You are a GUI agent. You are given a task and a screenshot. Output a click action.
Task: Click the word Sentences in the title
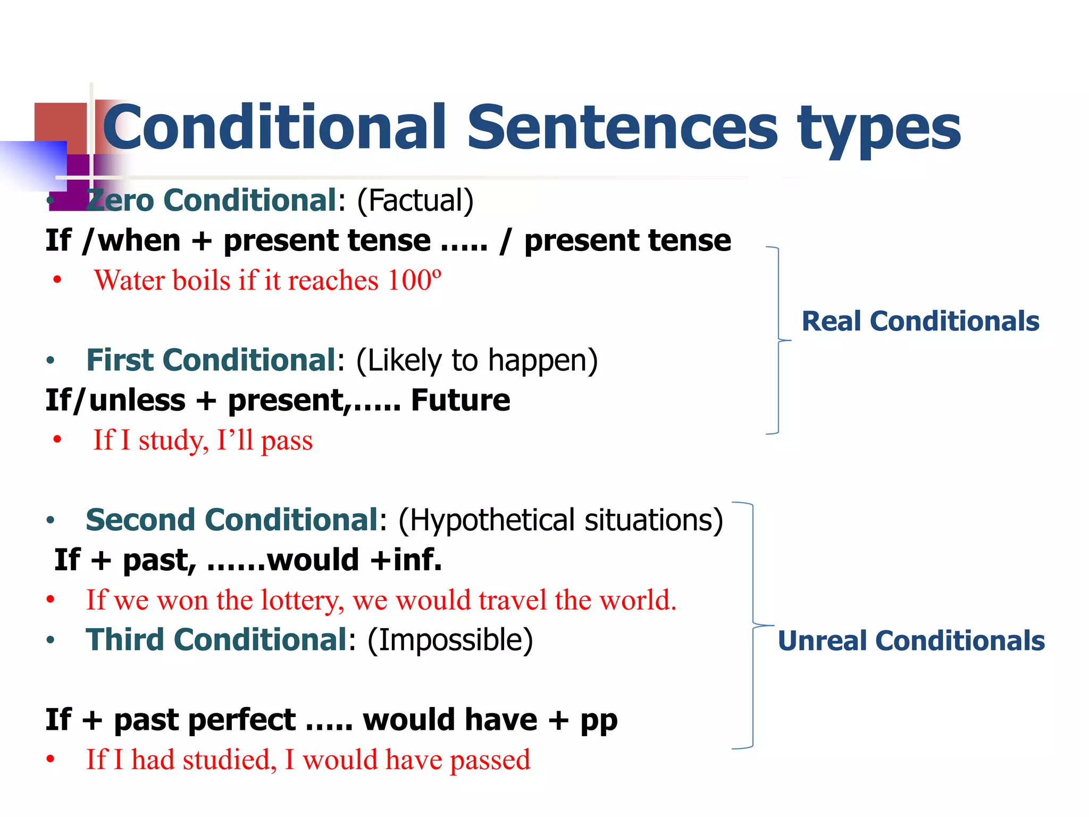[622, 128]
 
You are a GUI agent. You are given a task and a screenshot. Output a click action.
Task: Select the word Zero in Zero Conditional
[120, 201]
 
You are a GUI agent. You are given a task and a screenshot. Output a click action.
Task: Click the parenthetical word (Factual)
[415, 201]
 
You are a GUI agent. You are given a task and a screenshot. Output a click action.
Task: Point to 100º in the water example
[414, 280]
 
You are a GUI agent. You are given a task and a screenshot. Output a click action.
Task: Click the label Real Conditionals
[920, 321]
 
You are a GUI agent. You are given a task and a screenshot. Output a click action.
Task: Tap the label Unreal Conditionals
[911, 640]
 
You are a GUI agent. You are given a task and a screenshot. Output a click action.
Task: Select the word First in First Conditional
[120, 360]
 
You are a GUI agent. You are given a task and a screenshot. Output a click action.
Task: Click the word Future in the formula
[460, 400]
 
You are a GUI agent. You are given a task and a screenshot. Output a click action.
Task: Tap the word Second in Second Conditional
[140, 520]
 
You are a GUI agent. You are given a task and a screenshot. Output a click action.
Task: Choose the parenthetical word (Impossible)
[450, 640]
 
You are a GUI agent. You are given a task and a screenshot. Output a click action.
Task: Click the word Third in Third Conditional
[124, 640]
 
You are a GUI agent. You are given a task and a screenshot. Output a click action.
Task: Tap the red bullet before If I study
[57, 440]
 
